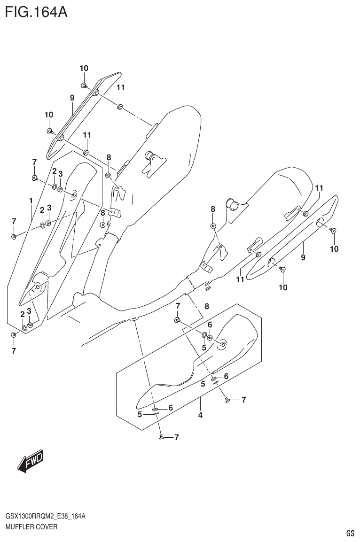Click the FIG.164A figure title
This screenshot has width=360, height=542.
click(x=36, y=11)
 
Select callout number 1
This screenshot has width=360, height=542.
click(x=31, y=201)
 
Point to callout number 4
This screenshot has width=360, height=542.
click(x=200, y=415)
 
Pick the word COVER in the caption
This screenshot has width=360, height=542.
click(x=47, y=527)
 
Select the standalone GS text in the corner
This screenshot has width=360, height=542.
click(x=350, y=533)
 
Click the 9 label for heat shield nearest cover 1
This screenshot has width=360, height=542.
click(x=72, y=98)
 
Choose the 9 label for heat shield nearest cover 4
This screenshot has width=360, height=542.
click(x=303, y=257)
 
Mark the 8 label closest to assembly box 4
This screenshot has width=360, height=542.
click(x=206, y=307)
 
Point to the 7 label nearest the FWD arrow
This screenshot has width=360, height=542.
click(x=14, y=350)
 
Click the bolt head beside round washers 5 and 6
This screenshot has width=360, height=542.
click(x=177, y=320)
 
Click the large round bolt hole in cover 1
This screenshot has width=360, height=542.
click(x=74, y=194)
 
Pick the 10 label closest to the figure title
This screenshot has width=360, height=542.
click(x=83, y=69)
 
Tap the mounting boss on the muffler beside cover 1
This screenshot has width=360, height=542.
click(x=152, y=156)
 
